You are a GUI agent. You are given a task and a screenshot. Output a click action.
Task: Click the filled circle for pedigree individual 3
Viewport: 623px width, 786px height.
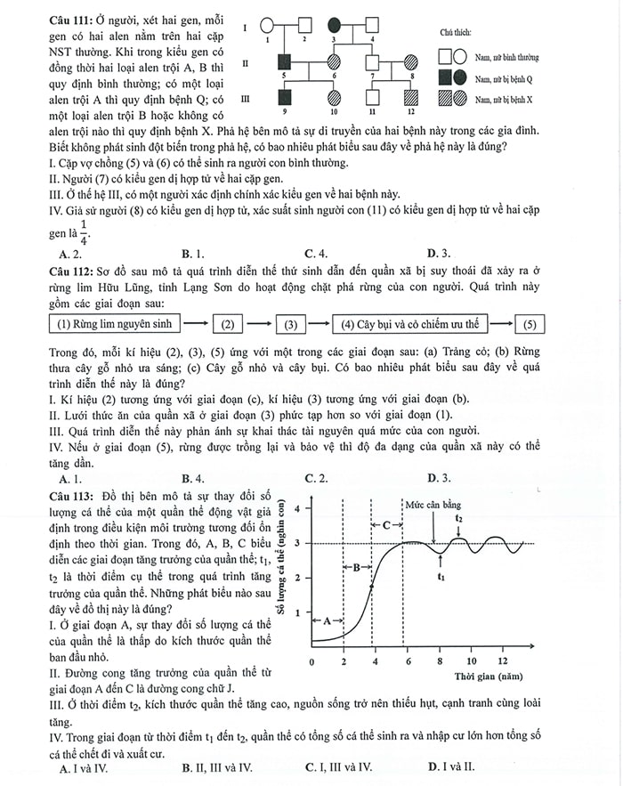334,28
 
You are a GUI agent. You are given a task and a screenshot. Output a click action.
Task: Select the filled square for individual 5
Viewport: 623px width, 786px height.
285,62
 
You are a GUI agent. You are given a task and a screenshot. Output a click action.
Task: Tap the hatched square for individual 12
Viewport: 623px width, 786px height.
410,97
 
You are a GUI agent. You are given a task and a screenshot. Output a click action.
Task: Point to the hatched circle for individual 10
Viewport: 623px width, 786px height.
334,98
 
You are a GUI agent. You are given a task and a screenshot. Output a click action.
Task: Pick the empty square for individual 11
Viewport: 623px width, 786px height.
373,98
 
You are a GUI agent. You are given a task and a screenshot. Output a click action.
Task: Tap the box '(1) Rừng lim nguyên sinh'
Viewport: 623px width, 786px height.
115,323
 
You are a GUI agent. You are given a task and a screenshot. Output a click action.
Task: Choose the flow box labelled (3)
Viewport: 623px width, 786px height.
290,323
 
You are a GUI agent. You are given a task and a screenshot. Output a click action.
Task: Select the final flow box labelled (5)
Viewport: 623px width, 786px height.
530,323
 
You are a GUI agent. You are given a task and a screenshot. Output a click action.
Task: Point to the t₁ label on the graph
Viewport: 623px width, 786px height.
441,576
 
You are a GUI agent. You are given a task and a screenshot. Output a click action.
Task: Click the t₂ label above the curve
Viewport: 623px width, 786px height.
458,517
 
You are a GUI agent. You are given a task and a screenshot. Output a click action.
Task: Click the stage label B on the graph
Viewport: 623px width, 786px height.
356,566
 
